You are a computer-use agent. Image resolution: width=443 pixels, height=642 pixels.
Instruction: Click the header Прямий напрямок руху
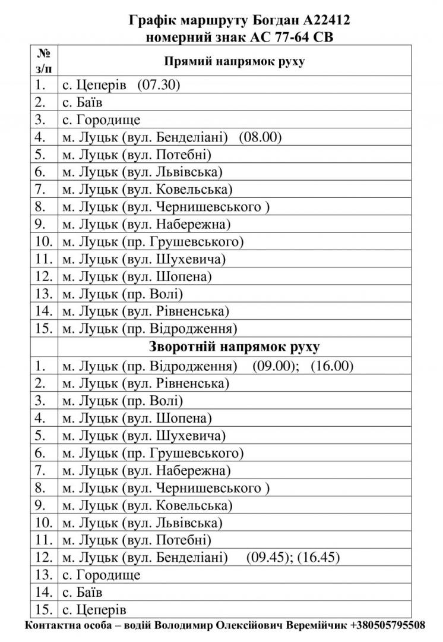(x=234, y=61)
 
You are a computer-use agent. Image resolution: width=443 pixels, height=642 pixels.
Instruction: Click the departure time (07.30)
(x=159, y=86)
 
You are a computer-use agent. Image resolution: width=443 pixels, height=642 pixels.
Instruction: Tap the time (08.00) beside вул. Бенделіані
(x=260, y=138)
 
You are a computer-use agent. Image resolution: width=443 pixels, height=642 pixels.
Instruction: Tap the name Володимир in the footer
(x=185, y=626)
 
